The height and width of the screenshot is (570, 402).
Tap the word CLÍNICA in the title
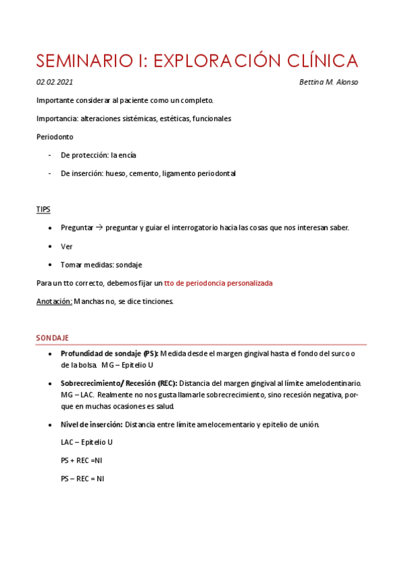pos(315,60)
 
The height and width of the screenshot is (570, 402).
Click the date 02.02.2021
pos(55,82)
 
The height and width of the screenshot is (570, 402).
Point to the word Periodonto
pos(55,136)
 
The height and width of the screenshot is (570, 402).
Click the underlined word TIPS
pos(43,210)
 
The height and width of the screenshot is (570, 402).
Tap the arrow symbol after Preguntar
pos(99,228)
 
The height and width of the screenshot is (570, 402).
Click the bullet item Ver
pos(66,247)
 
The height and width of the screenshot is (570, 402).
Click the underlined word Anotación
pos(54,301)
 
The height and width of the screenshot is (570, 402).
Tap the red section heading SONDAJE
pos(52,337)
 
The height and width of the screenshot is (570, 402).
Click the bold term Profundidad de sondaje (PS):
pos(109,354)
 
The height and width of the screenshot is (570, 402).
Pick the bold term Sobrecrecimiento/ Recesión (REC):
pos(119,382)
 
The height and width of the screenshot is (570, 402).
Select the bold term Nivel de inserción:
pos(91,424)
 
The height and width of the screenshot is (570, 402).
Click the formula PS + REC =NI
pos(81,460)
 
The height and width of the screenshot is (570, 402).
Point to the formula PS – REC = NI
pos(82,479)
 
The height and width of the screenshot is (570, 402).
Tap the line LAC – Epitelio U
pos(87,442)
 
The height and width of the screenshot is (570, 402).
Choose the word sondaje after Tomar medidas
pos(129,265)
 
